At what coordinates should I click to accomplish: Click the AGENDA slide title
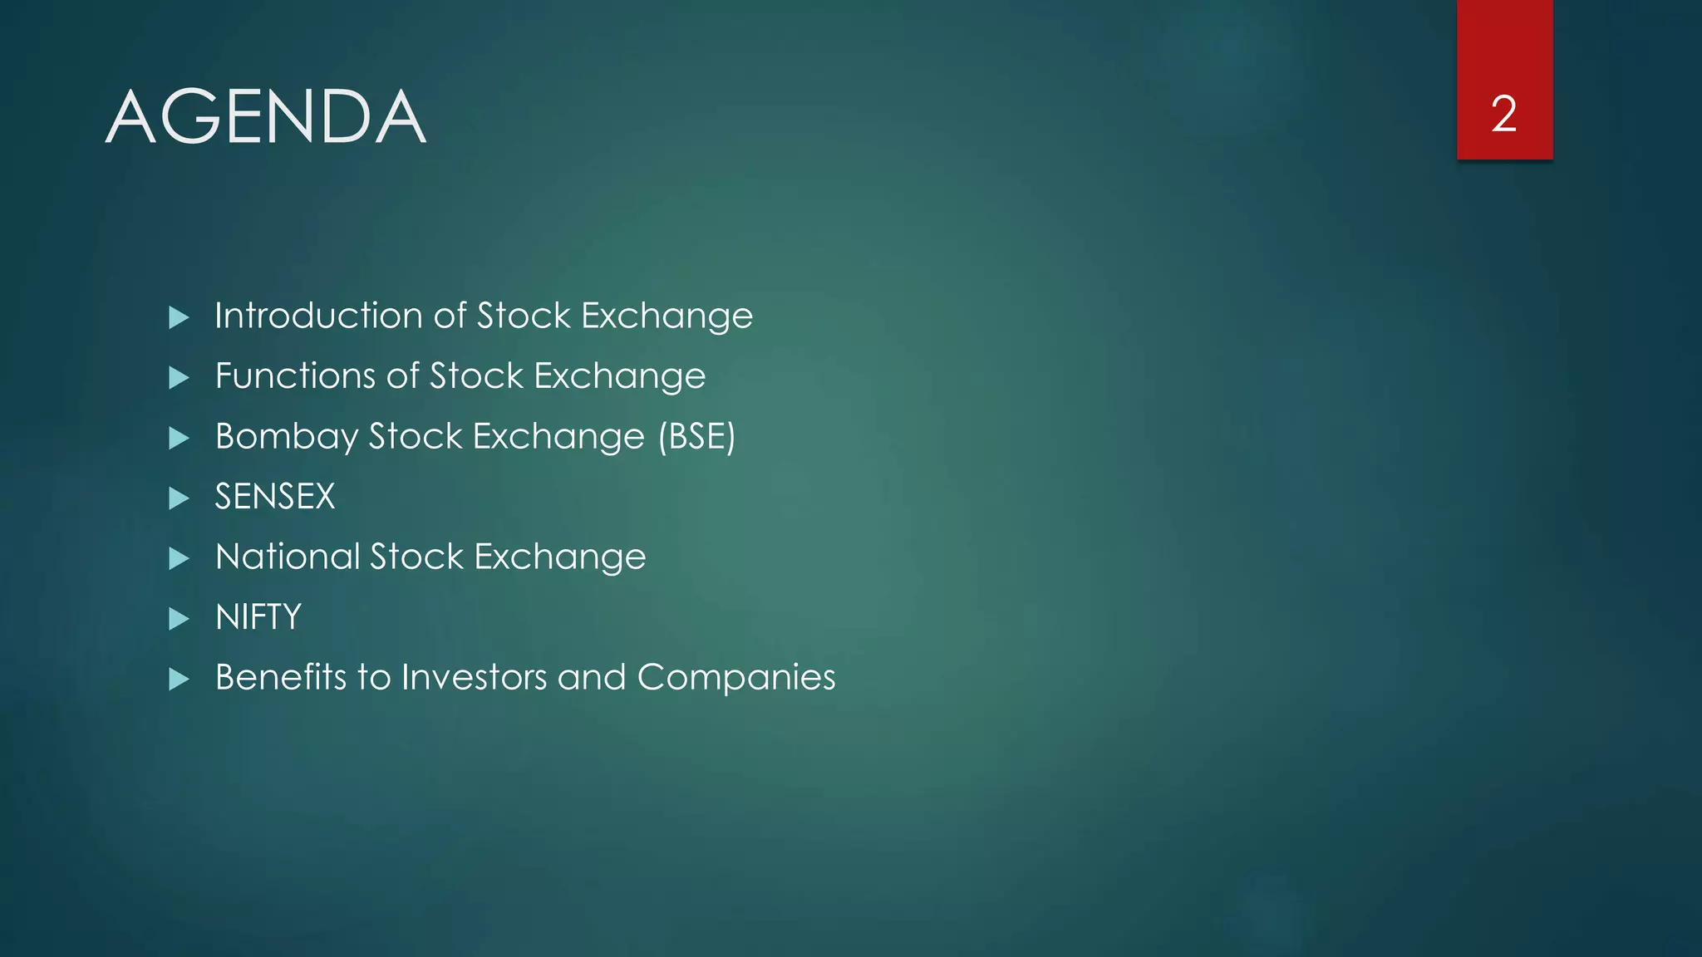pos(266,117)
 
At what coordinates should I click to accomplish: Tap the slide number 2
pos(1503,114)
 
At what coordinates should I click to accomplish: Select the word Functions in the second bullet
pos(295,376)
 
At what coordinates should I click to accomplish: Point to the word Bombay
pos(286,437)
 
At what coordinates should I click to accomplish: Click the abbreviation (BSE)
pos(696,437)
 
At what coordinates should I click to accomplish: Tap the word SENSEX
pos(275,497)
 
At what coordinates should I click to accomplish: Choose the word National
pos(287,557)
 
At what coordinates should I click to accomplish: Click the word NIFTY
pos(258,617)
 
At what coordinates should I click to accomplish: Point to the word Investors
pos(473,677)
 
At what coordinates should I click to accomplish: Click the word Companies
pos(736,678)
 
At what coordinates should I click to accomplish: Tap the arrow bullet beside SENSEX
pos(179,498)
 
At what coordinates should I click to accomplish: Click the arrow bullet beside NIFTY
pos(179,619)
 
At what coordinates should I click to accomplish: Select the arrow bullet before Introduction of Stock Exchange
pos(179,317)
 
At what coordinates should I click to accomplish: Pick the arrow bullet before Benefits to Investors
pos(179,680)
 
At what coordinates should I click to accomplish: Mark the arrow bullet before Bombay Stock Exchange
pos(179,438)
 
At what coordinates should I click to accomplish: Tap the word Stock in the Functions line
pos(477,376)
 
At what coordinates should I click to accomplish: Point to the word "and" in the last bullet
pos(591,677)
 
